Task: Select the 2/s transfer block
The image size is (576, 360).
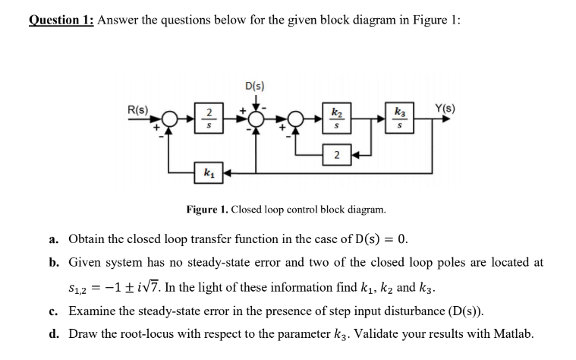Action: coord(204,119)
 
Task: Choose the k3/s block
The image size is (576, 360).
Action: coord(400,119)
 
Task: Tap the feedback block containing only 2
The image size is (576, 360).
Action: coord(336,156)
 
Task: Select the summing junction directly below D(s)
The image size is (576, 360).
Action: coord(256,119)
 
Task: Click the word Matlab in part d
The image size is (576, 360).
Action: coord(514,333)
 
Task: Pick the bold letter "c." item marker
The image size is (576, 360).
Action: coord(53,310)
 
